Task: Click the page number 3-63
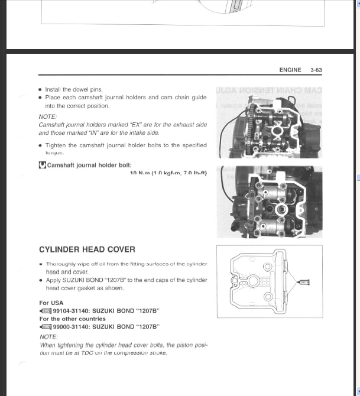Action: click(x=316, y=70)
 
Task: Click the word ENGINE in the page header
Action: click(x=290, y=70)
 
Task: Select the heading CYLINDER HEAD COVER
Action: click(x=87, y=250)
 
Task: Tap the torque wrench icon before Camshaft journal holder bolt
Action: click(x=42, y=165)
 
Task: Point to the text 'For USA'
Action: click(x=51, y=303)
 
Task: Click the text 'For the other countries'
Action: click(x=72, y=319)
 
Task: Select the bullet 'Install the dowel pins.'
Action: click(x=74, y=90)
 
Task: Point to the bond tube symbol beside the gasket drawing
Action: click(x=304, y=283)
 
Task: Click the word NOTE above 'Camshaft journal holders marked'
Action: click(x=48, y=117)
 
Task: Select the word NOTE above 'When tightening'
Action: click(x=48, y=337)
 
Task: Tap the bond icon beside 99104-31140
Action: click(x=46, y=311)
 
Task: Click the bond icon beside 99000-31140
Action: click(x=46, y=326)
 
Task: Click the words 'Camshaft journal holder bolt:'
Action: click(x=89, y=165)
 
